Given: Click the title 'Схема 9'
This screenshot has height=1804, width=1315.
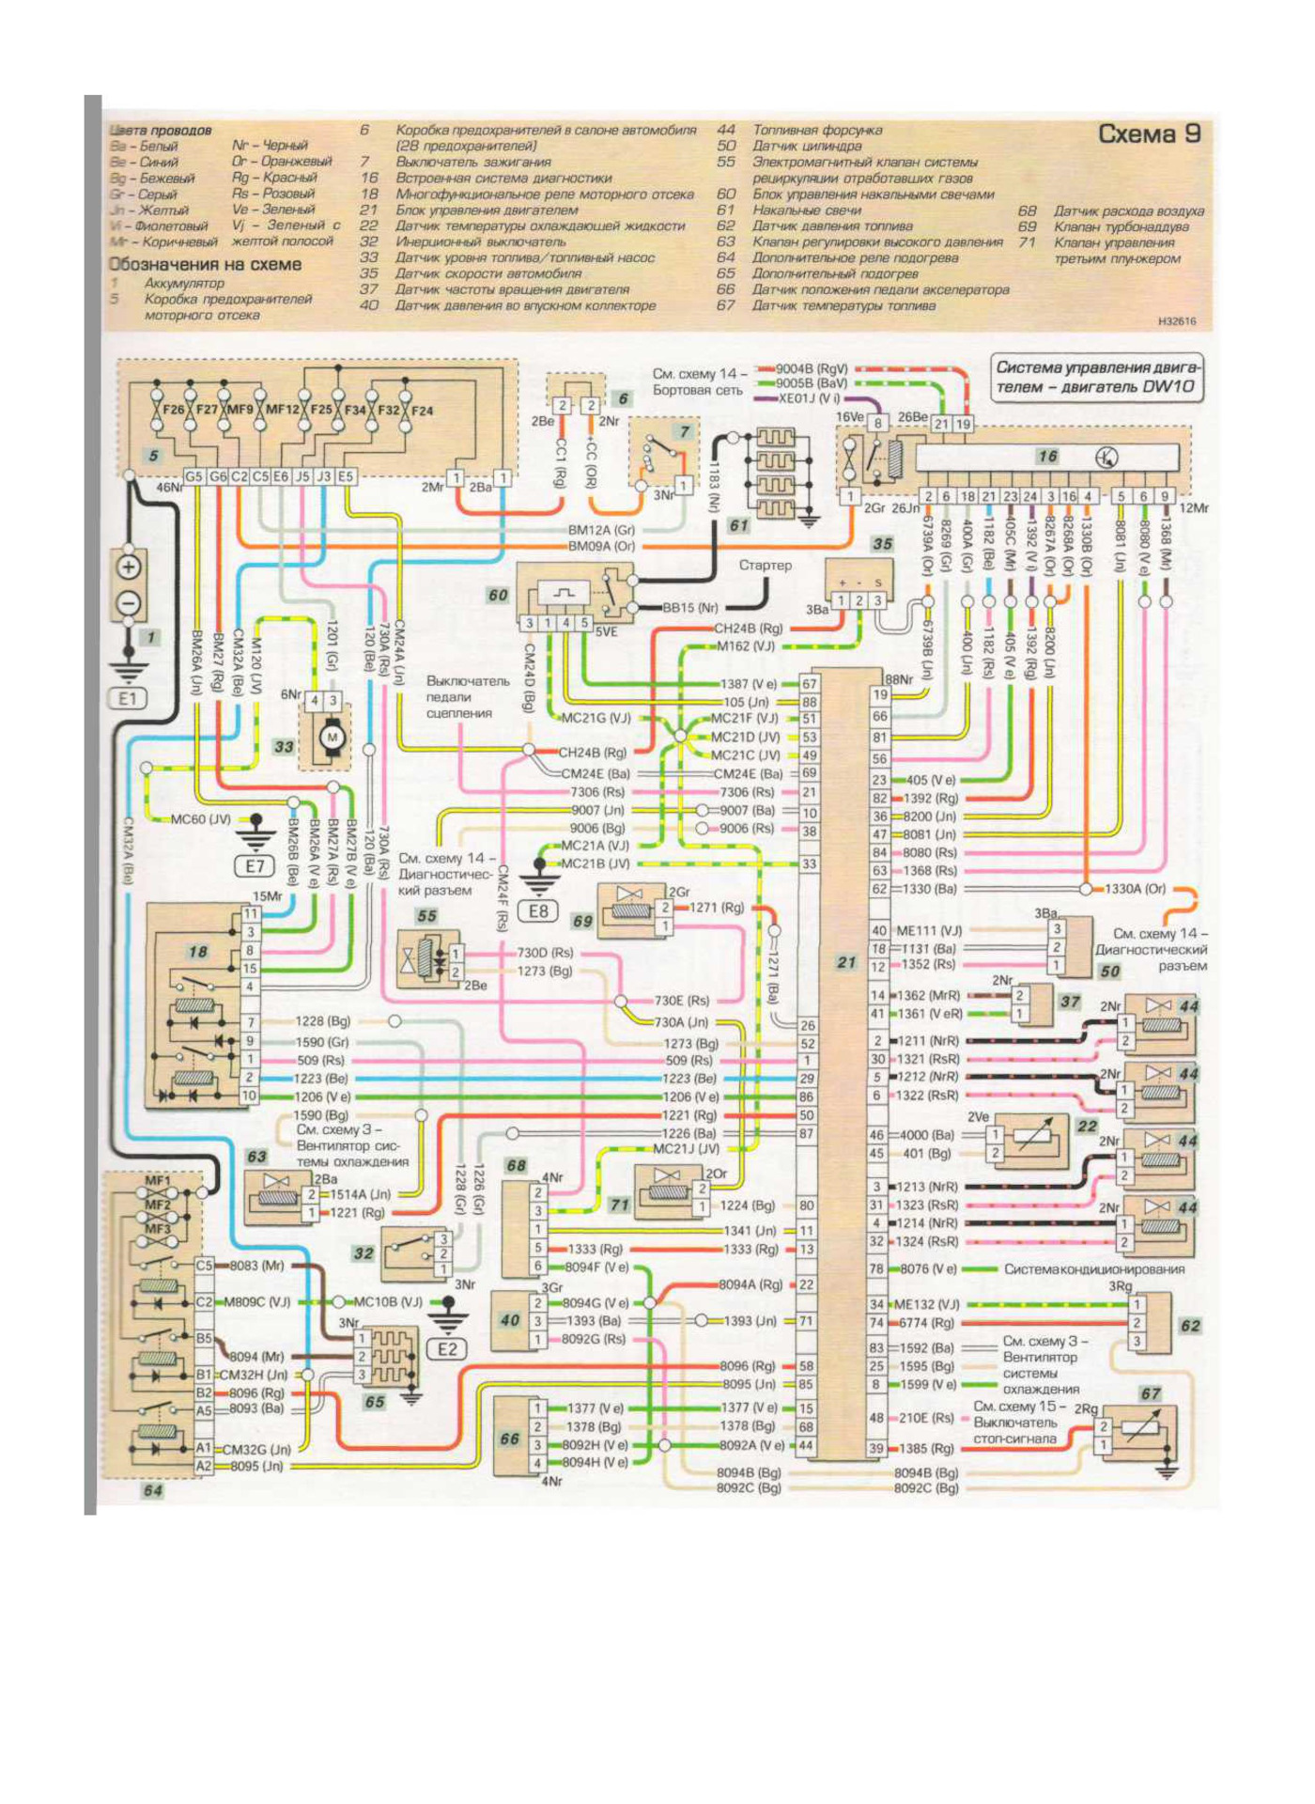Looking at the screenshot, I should click(x=1149, y=134).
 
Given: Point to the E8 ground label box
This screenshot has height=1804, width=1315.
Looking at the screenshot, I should click(x=539, y=910).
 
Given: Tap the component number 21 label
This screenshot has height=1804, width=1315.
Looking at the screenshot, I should click(x=845, y=962).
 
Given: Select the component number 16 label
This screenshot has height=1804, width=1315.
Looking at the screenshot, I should click(x=1046, y=457).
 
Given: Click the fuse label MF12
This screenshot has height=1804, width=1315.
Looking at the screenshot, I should click(x=282, y=411).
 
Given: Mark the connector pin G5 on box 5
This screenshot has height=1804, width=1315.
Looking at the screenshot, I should click(x=193, y=477).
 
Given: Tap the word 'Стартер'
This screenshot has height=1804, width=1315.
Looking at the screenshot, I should click(x=765, y=566).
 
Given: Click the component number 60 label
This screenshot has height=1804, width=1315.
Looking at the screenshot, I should click(x=497, y=595).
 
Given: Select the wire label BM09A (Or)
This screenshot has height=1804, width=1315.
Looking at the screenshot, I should click(x=601, y=545).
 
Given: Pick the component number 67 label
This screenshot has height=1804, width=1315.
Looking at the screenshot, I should click(x=1150, y=1393).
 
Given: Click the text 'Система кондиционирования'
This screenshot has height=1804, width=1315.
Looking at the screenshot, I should click(x=1094, y=1269).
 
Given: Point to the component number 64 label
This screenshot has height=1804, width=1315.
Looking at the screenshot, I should click(x=152, y=1490).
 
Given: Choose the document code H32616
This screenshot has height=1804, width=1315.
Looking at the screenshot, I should click(x=1176, y=321).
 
